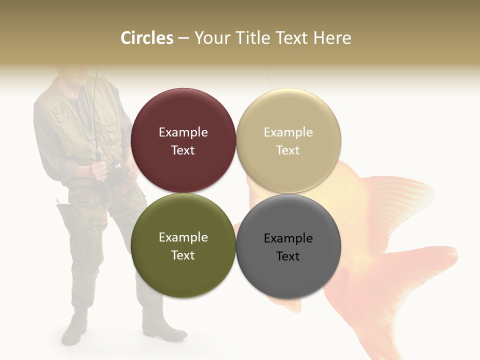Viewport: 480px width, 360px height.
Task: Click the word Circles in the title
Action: [x=147, y=38]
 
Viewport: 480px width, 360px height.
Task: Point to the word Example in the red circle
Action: [x=183, y=132]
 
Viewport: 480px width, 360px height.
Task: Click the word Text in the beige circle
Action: [x=288, y=150]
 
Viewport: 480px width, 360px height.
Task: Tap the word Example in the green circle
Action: [x=183, y=237]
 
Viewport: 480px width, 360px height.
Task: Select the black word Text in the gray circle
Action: [x=288, y=256]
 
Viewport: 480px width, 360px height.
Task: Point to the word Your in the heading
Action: [x=210, y=38]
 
